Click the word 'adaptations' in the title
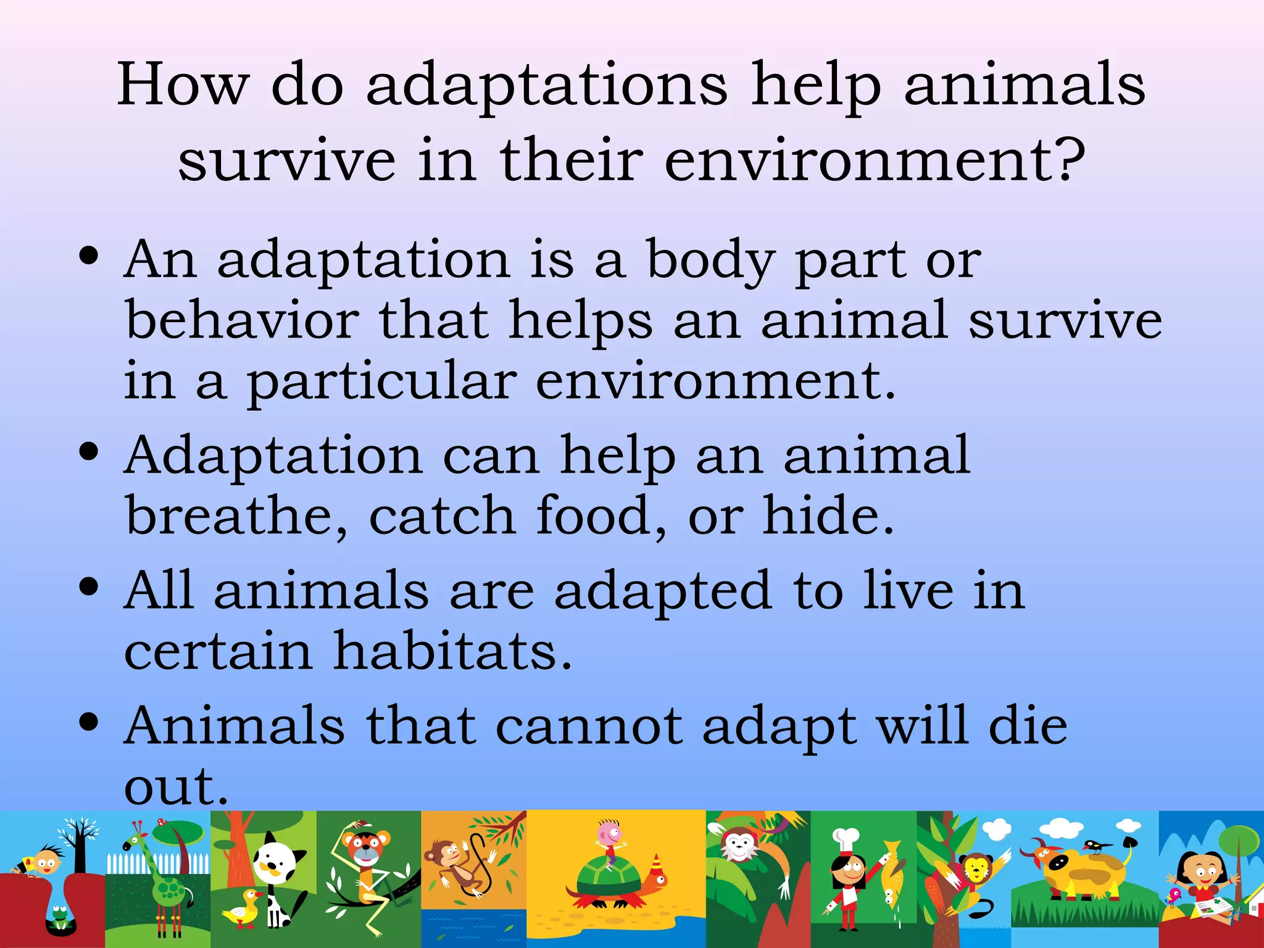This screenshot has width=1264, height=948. [547, 86]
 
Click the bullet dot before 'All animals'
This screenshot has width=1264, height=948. [89, 588]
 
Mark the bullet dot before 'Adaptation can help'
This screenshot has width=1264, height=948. [89, 452]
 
